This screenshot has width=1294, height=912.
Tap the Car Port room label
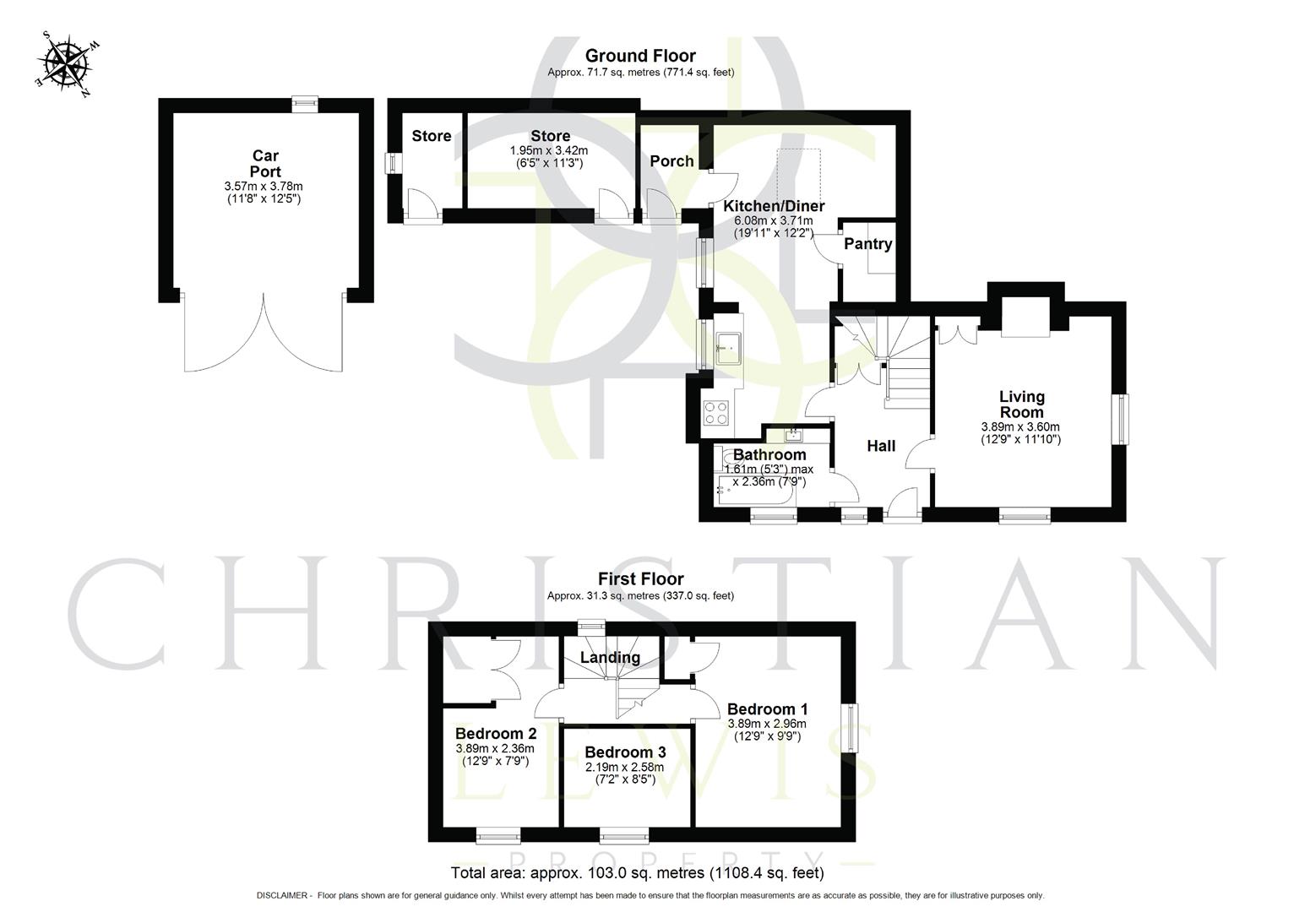click(265, 163)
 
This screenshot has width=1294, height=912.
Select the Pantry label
click(867, 244)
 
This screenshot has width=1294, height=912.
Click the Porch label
click(671, 161)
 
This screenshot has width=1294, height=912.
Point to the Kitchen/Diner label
click(774, 206)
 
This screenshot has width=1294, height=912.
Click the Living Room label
click(1021, 404)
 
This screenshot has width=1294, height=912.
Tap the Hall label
click(881, 446)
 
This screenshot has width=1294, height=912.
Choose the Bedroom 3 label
click(625, 752)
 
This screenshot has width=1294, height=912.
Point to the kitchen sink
click(727, 346)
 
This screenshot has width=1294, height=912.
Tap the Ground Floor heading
click(640, 56)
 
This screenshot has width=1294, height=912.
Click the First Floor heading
click(640, 579)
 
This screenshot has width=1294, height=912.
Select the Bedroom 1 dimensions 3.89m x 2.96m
click(767, 724)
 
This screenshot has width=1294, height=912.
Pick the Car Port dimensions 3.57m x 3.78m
click(264, 186)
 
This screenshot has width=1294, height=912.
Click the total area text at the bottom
click(638, 873)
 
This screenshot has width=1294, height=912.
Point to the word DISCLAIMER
click(283, 895)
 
